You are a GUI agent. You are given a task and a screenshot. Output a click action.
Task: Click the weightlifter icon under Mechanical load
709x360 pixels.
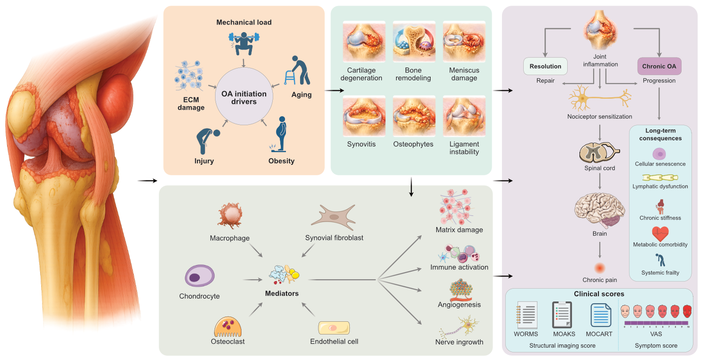coord(244,43)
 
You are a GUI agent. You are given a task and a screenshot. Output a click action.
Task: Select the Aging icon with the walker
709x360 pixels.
coord(298,71)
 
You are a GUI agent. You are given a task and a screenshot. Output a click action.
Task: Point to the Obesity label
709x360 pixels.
coord(281,161)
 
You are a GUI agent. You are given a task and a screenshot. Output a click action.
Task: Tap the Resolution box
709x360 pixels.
coord(545,67)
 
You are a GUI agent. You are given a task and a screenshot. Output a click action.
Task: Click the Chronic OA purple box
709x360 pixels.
coord(659,67)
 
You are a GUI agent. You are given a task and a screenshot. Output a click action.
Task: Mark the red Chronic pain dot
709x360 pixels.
coord(599,268)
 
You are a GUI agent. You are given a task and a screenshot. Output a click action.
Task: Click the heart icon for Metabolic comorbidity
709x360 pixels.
coord(660,233)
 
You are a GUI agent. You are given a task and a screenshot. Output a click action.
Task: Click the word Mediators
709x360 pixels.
coord(282,293)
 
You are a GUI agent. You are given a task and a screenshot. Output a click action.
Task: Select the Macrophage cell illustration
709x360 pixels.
coord(230,215)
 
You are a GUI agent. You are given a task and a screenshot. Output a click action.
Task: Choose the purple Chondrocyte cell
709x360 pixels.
coord(199,276)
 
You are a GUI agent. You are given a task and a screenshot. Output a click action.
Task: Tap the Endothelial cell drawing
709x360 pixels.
coord(334,328)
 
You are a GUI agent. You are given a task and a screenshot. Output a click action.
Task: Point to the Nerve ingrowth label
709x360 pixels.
coord(459,342)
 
